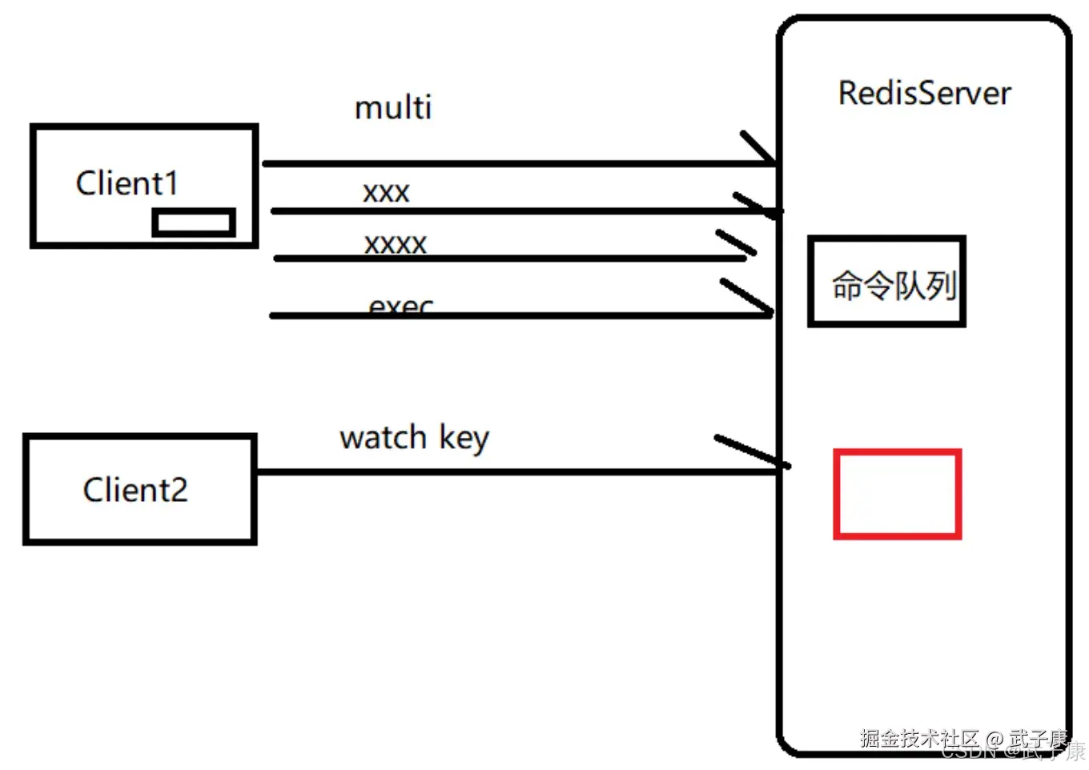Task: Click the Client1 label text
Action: click(127, 183)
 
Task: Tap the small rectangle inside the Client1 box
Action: click(194, 223)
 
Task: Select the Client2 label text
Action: click(135, 490)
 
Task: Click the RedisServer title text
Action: click(924, 94)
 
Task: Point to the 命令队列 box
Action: click(887, 282)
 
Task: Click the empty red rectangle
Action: click(897, 494)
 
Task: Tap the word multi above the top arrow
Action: click(393, 107)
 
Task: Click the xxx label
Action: click(386, 192)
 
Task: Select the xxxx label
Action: click(396, 243)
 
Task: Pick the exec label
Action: click(401, 306)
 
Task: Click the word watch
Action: click(383, 438)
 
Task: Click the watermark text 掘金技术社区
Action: click(919, 737)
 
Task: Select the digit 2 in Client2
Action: click(179, 490)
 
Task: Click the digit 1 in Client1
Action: click(169, 183)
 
